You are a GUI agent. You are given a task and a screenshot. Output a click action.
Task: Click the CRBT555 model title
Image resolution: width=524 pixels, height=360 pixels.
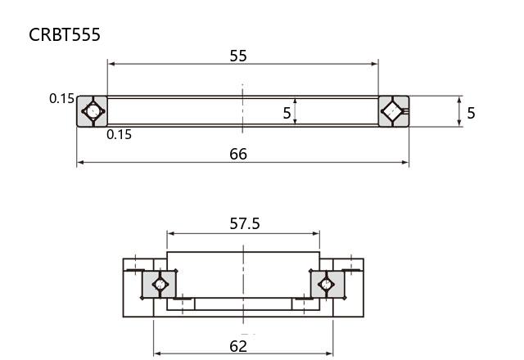(65, 34)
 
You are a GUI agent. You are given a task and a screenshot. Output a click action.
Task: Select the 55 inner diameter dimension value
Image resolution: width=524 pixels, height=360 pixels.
(238, 56)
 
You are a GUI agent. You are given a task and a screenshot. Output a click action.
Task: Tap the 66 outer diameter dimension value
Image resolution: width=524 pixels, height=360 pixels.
(238, 154)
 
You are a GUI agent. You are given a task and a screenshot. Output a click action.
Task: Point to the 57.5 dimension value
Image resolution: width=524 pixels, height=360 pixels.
(245, 223)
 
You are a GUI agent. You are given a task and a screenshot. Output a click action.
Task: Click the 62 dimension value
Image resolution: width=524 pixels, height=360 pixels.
(238, 346)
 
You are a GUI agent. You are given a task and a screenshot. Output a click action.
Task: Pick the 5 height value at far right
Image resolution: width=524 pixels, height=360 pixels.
(471, 113)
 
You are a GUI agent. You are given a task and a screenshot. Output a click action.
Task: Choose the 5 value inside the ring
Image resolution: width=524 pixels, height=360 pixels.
(287, 113)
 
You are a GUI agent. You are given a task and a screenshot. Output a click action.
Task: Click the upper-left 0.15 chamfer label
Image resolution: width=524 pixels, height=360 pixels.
(61, 98)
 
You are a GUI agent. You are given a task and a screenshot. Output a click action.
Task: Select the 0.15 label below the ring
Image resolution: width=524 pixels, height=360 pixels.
(119, 134)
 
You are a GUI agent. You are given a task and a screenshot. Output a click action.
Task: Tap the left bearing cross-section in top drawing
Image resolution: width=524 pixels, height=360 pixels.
(93, 111)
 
